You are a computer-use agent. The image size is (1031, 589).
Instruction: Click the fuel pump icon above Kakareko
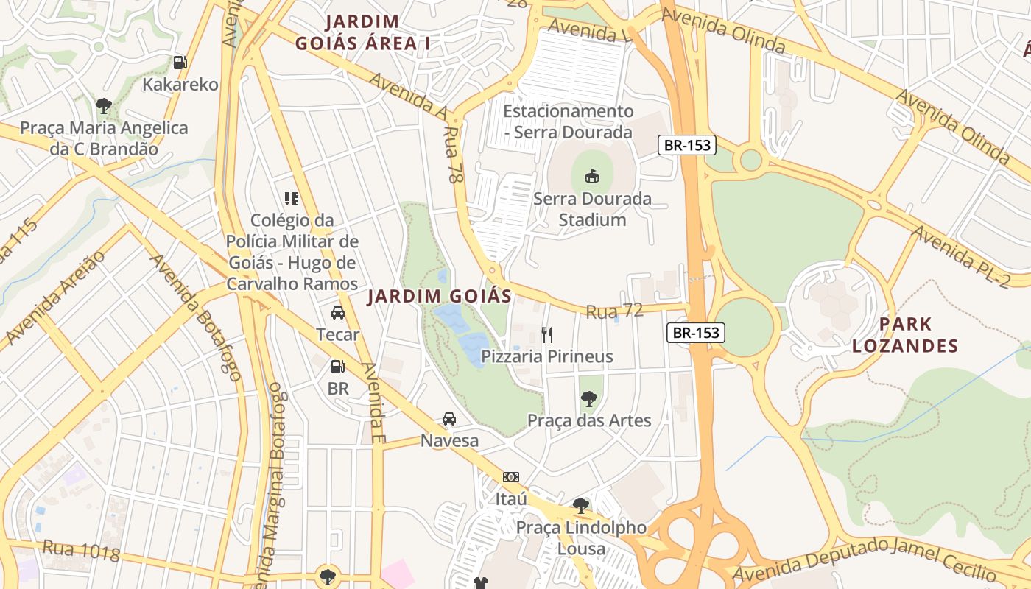(x=180, y=63)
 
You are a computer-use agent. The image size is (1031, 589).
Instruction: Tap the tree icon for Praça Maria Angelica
(x=104, y=106)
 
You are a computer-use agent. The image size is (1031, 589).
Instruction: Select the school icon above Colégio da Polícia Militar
(x=292, y=198)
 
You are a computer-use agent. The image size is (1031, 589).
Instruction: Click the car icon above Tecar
(x=338, y=313)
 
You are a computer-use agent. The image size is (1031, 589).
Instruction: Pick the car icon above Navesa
(x=448, y=419)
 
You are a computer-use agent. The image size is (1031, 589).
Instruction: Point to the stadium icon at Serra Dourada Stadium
(x=592, y=176)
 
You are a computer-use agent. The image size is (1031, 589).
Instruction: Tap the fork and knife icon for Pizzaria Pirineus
(x=547, y=335)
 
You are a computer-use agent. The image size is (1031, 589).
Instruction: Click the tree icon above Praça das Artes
(x=588, y=399)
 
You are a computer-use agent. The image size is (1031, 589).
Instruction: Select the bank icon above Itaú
(x=511, y=477)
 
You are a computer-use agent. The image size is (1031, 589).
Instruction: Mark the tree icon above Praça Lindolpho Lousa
(x=581, y=506)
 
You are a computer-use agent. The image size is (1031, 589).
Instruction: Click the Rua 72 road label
(x=614, y=311)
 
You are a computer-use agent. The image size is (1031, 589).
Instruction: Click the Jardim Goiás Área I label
(x=363, y=32)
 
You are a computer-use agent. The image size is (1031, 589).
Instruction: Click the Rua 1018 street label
(x=81, y=550)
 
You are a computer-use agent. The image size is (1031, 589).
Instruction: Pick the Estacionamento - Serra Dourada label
(x=568, y=121)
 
